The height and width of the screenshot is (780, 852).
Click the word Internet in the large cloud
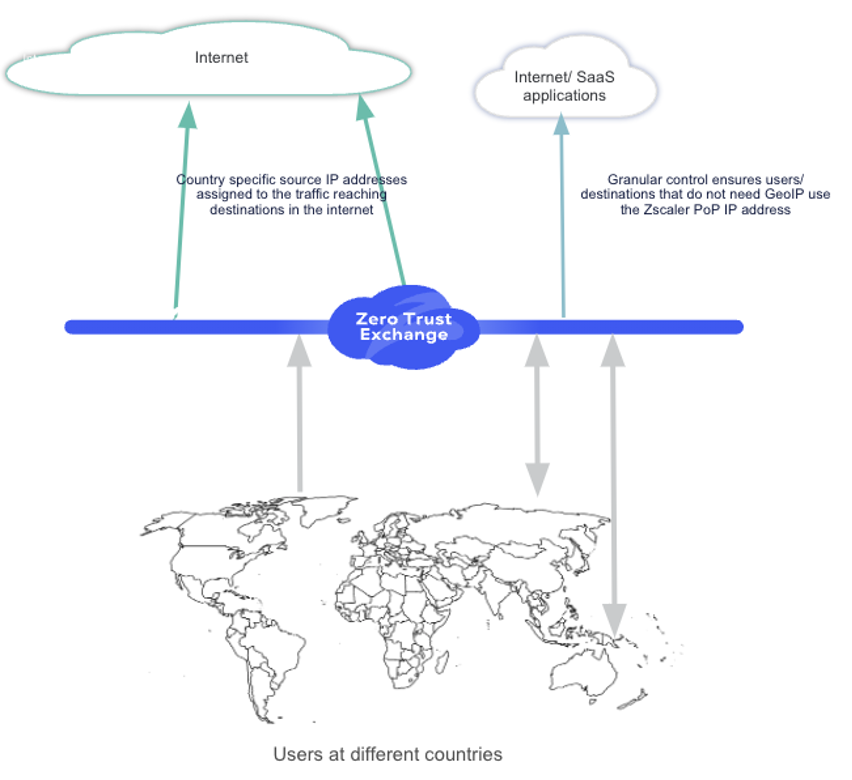click(x=221, y=57)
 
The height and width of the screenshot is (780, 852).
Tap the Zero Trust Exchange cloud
click(x=404, y=326)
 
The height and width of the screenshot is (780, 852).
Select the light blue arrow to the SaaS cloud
click(x=563, y=220)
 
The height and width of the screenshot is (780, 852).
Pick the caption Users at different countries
click(x=388, y=753)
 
